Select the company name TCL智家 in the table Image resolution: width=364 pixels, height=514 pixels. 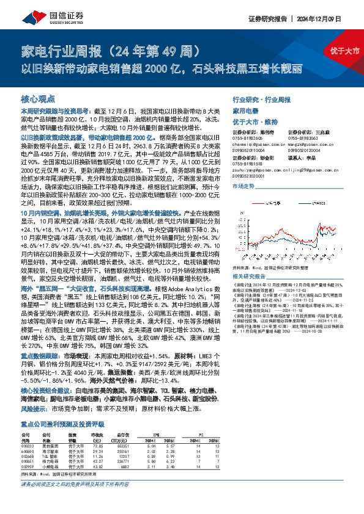point(50,455)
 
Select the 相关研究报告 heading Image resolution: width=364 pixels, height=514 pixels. point(249,276)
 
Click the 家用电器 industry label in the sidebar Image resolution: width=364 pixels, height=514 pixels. point(246,112)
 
